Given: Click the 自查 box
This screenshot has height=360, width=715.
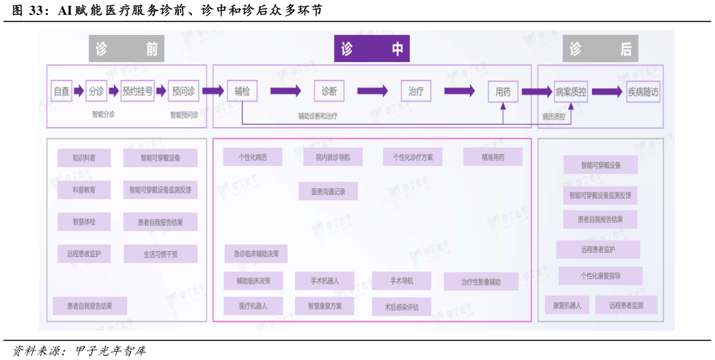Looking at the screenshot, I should point(61,91).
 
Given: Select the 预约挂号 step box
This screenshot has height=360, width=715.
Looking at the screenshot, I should point(138,91).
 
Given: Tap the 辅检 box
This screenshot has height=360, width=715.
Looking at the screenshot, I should point(242,91).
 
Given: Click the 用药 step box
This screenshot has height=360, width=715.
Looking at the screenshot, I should point(503,92).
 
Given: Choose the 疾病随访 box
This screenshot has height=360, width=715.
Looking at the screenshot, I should point(643,92).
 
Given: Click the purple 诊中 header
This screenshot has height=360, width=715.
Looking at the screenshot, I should point(371,49).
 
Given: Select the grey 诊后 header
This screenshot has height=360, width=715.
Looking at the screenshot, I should point(600,49).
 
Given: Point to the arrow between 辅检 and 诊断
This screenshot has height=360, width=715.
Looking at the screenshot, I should point(285,91).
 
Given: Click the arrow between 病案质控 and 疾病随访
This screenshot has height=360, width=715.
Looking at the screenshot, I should point(606,92).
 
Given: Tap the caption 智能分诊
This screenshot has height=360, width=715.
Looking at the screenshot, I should point(103,114).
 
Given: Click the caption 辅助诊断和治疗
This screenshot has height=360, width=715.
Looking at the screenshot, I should point(318,116).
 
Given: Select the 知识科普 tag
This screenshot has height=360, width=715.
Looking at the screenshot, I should point(84,158).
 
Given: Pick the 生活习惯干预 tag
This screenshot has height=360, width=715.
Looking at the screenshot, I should point(160,254).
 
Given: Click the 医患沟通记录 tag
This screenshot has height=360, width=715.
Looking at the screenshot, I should point(328,191).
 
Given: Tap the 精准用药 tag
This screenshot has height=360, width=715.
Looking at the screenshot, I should point(493,157).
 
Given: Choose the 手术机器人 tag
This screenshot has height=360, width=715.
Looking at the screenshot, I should point(324,281).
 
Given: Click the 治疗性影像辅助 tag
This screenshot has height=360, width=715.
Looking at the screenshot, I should point(481,281).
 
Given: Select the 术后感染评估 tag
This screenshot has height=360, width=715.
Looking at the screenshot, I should point(402,307).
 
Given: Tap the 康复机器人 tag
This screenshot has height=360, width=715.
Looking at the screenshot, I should point(567,305).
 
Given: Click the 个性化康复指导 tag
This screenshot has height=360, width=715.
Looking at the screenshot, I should point(600,276).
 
